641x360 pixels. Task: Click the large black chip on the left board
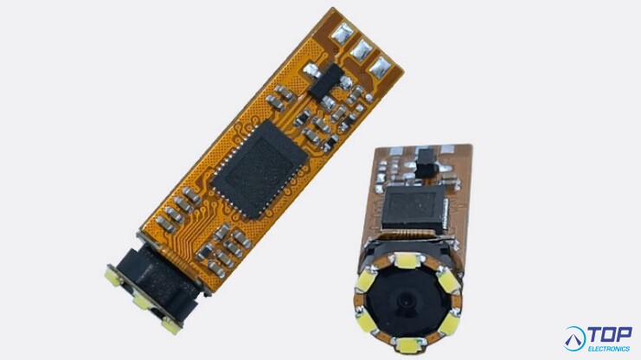[260, 169]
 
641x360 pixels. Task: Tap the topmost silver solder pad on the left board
[343, 33]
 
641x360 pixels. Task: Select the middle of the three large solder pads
[362, 49]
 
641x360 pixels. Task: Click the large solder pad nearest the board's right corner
[381, 67]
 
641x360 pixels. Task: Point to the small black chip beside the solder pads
[326, 80]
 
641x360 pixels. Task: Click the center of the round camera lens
[406, 302]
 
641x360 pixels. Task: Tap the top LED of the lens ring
[407, 260]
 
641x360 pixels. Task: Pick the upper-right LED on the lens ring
[449, 280]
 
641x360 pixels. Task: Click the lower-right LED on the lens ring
[449, 323]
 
